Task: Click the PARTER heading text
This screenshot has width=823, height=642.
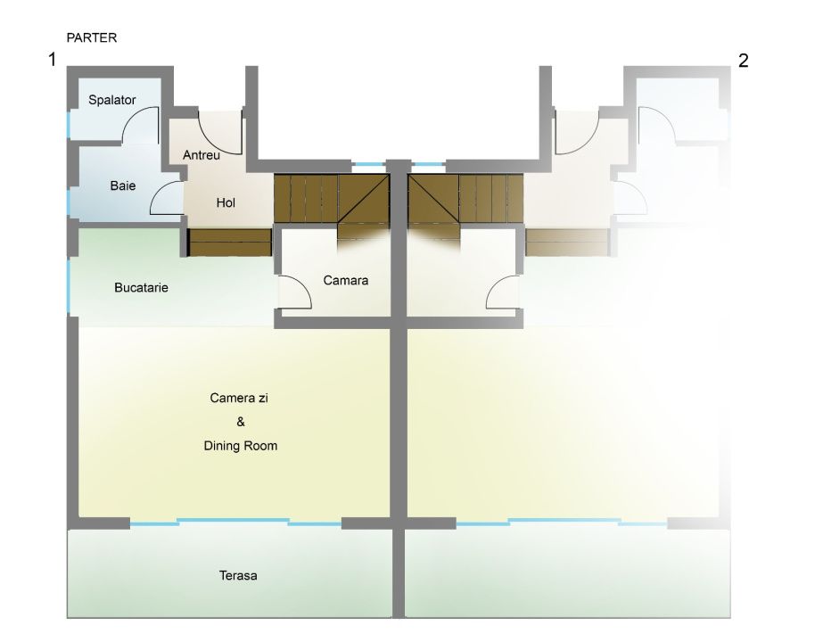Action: [x=92, y=38]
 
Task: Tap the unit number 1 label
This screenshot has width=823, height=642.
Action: [x=53, y=61]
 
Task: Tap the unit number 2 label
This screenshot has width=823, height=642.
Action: [x=744, y=61]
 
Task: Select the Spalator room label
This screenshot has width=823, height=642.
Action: [x=112, y=100]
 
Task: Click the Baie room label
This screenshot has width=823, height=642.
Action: [x=123, y=185]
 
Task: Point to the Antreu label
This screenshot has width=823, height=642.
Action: [x=202, y=154]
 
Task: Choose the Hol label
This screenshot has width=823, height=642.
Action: [x=226, y=202]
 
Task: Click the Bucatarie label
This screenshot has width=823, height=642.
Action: [x=142, y=288]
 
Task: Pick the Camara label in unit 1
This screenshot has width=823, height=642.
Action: [x=346, y=280]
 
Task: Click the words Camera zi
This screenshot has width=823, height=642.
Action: [x=239, y=398]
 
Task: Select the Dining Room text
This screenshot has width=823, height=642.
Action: [x=240, y=445]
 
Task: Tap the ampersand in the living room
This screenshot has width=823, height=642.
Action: [x=240, y=422]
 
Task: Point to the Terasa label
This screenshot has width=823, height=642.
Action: [x=238, y=575]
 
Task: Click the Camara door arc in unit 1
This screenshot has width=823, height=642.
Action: [x=295, y=292]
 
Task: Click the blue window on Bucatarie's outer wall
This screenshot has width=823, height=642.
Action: [x=69, y=284]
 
